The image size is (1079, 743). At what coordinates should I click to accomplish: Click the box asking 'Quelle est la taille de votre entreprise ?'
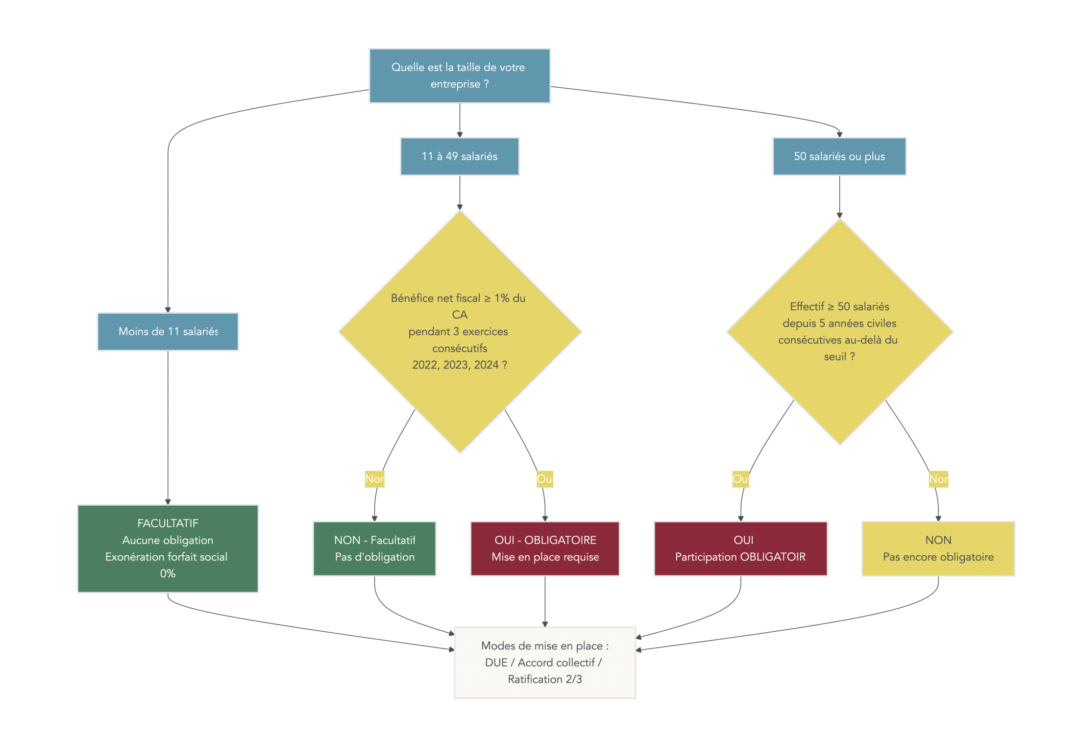459,75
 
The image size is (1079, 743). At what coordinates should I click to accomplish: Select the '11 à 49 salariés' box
459,156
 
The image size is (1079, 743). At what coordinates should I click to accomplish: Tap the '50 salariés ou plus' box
839,156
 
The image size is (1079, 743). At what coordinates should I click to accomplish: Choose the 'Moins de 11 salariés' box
168,331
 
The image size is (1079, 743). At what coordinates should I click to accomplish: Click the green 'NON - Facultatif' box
374,548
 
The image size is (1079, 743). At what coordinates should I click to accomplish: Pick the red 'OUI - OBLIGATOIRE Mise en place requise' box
544,548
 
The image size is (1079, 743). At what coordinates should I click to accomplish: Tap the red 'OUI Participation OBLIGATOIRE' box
740,548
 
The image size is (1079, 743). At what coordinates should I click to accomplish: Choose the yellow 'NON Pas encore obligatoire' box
938,548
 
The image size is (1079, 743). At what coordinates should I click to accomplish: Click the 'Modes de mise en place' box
544,662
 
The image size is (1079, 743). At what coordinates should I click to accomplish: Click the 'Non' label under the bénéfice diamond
374,479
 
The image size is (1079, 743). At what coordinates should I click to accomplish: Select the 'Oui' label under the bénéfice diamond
544,479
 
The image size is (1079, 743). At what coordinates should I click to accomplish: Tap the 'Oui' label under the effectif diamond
740,479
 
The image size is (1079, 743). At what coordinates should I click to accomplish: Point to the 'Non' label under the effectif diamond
938,479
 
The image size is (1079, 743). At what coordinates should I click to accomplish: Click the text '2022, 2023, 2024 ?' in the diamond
459,365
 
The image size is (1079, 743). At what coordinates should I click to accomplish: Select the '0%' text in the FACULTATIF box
168,573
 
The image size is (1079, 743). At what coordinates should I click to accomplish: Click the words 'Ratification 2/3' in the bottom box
544,679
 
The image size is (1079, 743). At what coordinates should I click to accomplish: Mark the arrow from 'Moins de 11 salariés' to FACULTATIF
168,426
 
